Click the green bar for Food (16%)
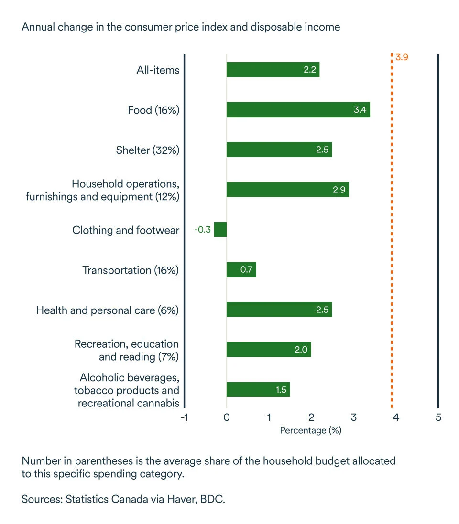coord(298,110)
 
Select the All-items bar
coord(273,70)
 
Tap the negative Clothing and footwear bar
coord(220,230)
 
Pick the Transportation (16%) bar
coord(241,270)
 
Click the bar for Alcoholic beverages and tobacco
coord(258,390)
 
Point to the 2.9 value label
coord(339,190)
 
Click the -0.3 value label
coord(203,230)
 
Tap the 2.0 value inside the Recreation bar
coord(301,350)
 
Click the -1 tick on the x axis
coord(184,417)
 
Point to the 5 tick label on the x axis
coord(438,417)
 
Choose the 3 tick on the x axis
coord(353,417)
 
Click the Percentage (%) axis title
coord(310,430)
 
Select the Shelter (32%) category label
coord(147,150)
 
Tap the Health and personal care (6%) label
coord(108,310)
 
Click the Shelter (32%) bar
coord(279,150)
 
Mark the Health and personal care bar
coord(279,310)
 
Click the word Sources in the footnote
coord(40,500)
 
